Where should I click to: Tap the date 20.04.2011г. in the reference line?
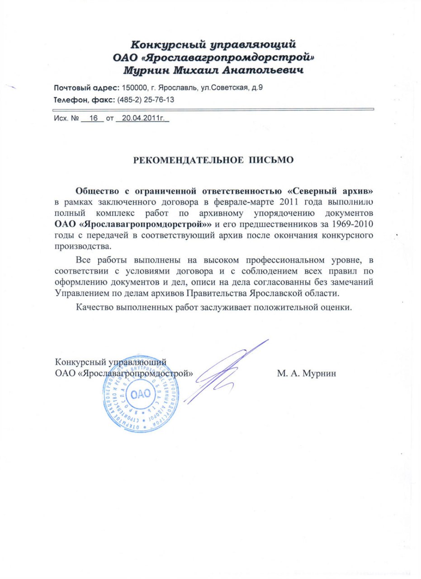(x=142, y=119)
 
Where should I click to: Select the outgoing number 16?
(x=94, y=119)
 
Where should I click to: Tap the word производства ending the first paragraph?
(x=82, y=247)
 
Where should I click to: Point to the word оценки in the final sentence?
(x=336, y=307)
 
